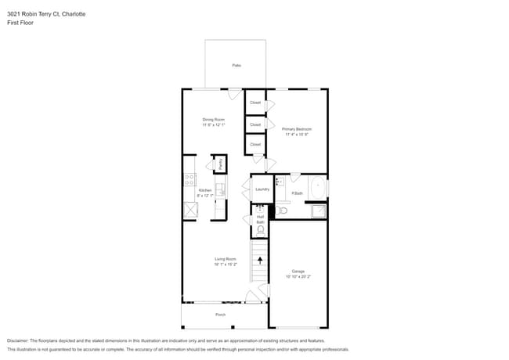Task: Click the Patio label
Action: point(236,66)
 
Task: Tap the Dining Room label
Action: point(214,120)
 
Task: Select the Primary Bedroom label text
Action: point(297,129)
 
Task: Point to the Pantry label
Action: point(221,164)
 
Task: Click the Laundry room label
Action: point(262,189)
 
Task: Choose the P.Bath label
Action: point(297,193)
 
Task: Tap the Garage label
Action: point(298,272)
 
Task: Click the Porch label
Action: point(221,315)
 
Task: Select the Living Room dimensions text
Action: point(226,264)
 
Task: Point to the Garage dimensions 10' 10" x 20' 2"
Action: point(298,276)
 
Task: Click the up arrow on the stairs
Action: point(261,260)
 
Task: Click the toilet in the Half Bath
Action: point(260,229)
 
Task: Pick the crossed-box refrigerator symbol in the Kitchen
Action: point(190,210)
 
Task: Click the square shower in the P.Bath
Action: point(318,211)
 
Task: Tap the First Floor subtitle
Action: point(20,23)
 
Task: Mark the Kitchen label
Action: point(204,190)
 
